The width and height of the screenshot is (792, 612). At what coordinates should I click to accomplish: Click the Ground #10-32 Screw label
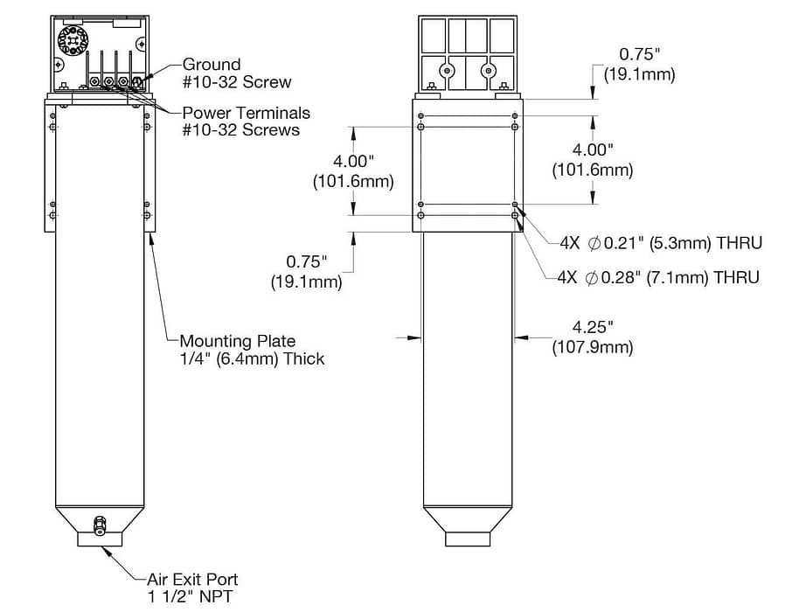pos(237,73)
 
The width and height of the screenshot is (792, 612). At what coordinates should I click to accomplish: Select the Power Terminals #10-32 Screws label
pos(246,122)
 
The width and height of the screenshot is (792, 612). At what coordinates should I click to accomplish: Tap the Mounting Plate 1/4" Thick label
pos(252,350)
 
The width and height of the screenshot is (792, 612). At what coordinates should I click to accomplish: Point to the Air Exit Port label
pos(192,588)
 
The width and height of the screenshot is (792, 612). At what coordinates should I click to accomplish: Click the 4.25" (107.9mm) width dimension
pos(593,337)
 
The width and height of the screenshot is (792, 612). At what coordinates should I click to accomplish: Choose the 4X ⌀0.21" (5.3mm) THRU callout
pos(661,243)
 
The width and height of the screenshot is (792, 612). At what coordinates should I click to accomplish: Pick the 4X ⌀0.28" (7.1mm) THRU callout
pos(658,277)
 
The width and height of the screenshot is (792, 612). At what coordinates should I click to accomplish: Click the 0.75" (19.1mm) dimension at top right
pos(640,64)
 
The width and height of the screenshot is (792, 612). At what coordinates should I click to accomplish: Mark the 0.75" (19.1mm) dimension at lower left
pos(307,271)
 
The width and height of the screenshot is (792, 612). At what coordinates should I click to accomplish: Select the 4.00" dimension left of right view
pos(353,171)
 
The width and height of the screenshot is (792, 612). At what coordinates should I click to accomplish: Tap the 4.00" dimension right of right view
pos(593,159)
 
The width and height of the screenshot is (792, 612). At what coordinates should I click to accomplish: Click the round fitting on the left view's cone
pos(100,526)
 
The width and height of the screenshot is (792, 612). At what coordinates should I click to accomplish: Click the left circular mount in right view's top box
pos(446,70)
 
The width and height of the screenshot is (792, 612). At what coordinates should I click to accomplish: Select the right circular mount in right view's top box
pos(489,70)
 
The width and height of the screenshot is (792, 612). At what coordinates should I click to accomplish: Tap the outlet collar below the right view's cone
pos(468,539)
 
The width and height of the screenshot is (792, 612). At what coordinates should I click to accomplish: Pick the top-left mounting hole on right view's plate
pos(420,115)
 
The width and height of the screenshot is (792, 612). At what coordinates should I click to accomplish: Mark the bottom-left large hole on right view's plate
pos(420,216)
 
